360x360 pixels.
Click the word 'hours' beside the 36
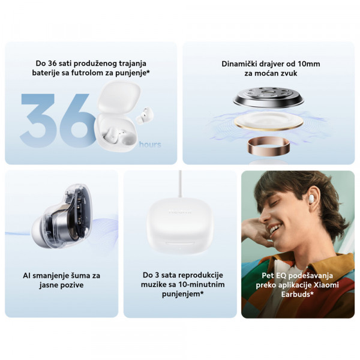click(149, 145)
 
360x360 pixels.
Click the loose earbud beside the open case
click(146, 115)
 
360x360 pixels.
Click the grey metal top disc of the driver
click(268, 96)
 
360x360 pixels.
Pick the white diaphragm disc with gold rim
click(268, 122)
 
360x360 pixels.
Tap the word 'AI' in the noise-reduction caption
click(27, 275)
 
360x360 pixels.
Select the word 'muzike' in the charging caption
click(158, 284)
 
